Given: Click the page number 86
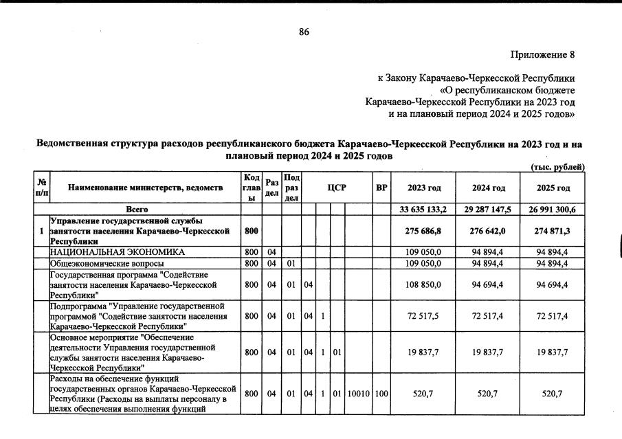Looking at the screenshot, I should (304, 32).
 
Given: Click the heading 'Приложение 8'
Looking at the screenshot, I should (542, 54).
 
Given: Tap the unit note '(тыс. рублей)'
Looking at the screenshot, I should (557, 166).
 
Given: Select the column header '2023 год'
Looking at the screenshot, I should (424, 188).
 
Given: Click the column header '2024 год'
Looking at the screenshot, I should (489, 188).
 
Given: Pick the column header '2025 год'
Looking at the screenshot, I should (553, 188).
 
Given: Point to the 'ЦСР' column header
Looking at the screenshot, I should (337, 188).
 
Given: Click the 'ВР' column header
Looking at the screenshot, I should (381, 188).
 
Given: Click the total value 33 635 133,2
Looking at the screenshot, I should (424, 209).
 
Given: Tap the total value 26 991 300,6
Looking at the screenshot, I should (553, 209).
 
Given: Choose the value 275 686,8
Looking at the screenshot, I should (424, 231).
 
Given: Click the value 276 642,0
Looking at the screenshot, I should (489, 231).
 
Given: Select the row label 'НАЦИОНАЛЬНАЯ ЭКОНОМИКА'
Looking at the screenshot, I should (118, 252).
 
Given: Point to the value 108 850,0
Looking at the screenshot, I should (424, 284).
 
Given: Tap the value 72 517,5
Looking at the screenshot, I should (424, 316).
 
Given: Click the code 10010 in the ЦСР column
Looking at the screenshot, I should (358, 394).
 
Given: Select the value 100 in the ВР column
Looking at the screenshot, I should (381, 394).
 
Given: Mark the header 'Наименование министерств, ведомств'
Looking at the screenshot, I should (144, 188).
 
